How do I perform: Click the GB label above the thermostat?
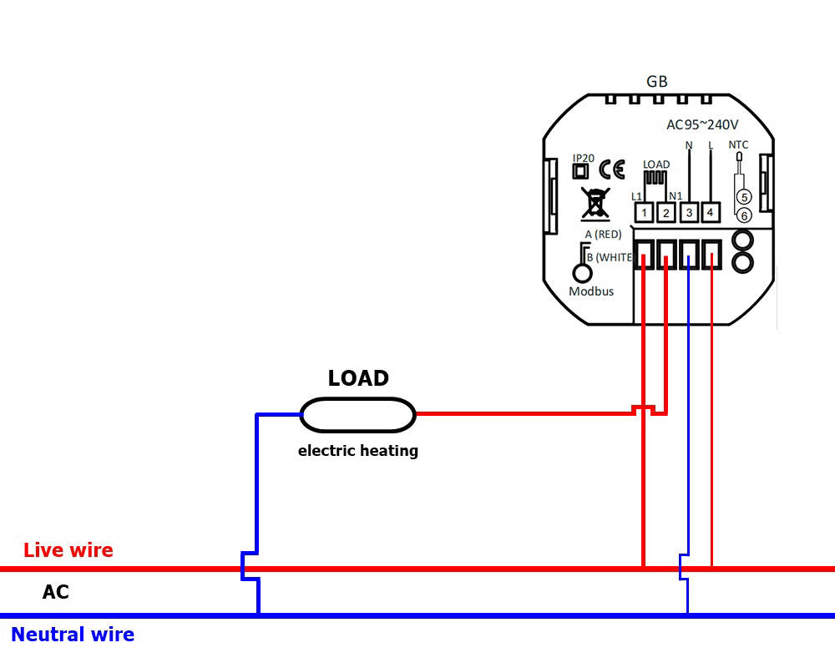[x=657, y=82]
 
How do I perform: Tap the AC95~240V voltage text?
[x=701, y=125]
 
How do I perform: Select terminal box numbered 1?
[x=644, y=213]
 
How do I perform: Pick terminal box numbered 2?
[x=665, y=213]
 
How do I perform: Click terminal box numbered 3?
[x=689, y=213]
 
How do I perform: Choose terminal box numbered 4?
[x=711, y=213]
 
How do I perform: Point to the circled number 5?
[x=744, y=197]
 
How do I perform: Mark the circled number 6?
[x=744, y=215]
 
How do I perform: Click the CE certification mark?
[x=612, y=170]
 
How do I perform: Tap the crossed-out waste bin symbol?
[x=594, y=203]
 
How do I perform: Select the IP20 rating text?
[x=583, y=158]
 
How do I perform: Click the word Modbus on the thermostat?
[x=591, y=291]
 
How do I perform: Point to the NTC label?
[x=738, y=145]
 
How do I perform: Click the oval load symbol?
[x=357, y=414]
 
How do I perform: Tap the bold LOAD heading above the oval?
[x=358, y=378]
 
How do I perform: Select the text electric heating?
[x=358, y=451]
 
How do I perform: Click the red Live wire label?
[x=68, y=550]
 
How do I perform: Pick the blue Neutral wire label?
[x=73, y=635]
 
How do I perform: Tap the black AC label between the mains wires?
[x=56, y=593]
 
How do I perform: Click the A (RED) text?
[x=603, y=235]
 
